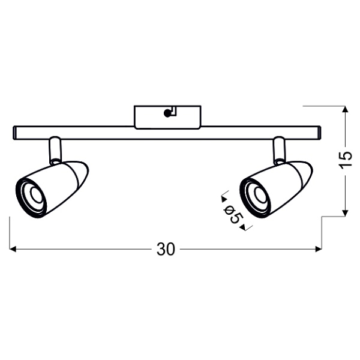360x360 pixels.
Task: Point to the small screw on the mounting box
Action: pos(167,112)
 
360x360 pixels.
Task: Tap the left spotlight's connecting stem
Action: pos(54,150)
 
